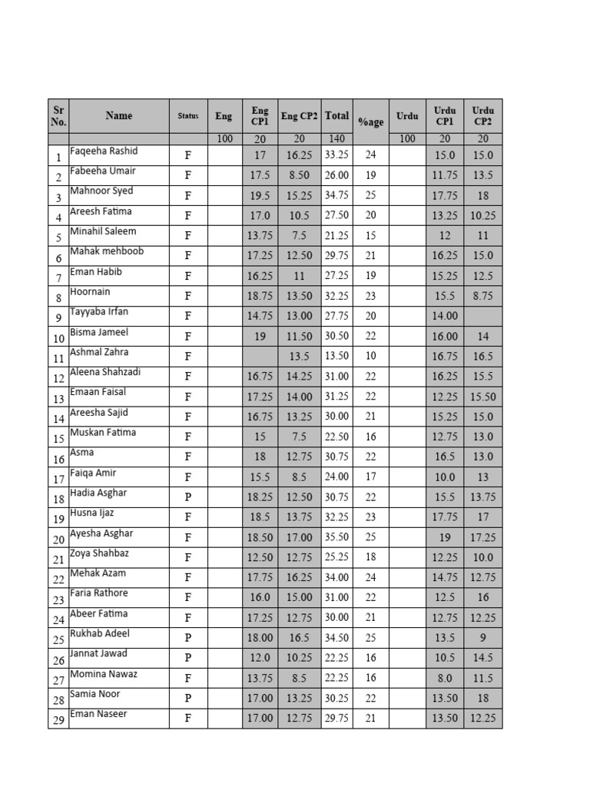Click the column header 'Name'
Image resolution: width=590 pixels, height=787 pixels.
(118, 116)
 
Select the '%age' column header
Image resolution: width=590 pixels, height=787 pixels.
(370, 122)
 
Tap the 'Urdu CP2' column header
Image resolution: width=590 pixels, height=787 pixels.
(482, 116)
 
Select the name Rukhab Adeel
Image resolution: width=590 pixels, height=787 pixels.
(100, 634)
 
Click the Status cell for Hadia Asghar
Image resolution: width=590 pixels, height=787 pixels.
(187, 497)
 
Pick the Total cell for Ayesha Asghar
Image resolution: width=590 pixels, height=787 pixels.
(336, 538)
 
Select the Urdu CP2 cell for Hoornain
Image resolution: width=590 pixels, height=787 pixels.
(482, 296)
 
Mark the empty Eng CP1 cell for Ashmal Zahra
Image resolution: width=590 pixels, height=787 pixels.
(260, 357)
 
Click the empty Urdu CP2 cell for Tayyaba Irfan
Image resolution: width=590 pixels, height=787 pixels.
(482, 316)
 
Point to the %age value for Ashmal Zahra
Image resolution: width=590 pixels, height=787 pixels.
(370, 357)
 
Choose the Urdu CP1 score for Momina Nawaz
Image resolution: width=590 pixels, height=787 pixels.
(445, 679)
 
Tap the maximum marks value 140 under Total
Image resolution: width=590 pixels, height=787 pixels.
(336, 139)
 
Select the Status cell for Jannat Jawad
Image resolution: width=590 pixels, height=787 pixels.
(187, 659)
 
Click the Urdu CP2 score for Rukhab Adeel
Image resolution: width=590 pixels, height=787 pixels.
(482, 638)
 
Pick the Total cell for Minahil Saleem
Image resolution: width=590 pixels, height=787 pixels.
(336, 236)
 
